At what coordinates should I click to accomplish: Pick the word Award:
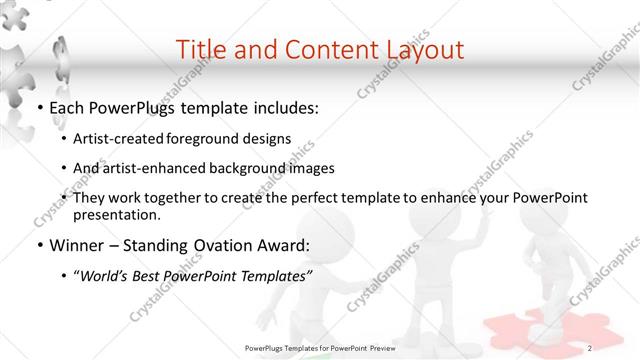click(281, 245)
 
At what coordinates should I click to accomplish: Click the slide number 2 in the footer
click(590, 347)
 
